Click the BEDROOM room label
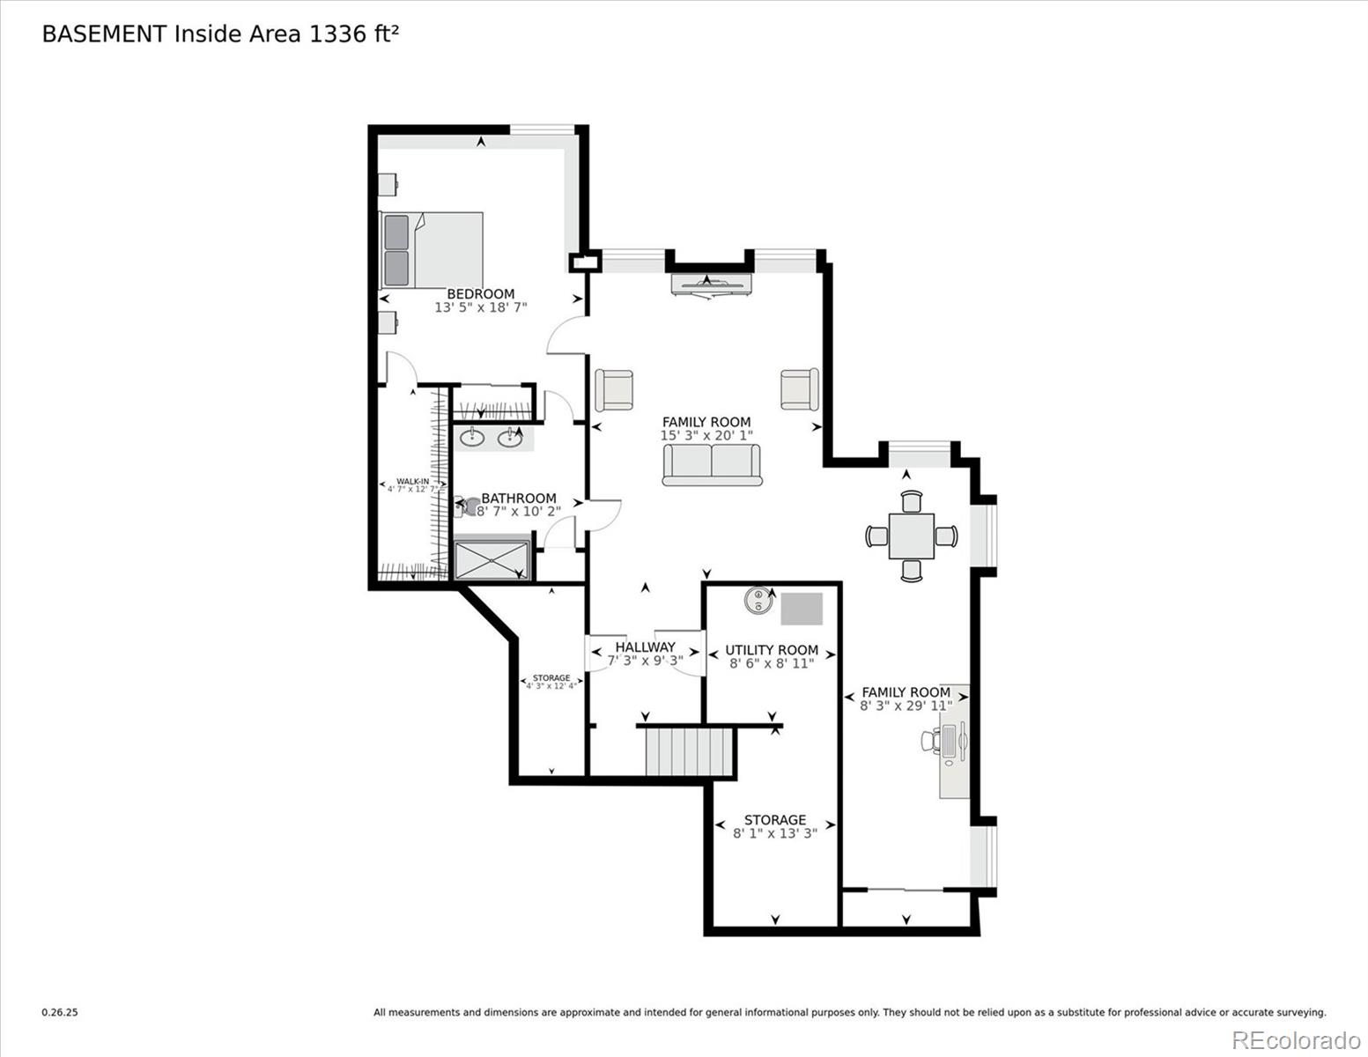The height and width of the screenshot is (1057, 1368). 480,294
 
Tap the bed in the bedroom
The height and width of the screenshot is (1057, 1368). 431,249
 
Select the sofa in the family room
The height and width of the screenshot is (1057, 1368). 712,463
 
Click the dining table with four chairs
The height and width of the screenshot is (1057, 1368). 911,536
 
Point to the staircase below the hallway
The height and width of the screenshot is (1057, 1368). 689,750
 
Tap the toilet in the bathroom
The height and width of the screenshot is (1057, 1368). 467,506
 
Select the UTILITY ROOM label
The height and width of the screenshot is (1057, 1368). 772,650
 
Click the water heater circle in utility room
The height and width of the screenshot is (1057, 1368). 758,600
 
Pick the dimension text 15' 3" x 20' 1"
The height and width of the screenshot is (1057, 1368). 706,435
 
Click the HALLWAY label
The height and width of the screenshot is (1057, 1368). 645,647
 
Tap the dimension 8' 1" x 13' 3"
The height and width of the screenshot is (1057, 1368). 775,832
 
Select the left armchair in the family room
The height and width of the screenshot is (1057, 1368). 614,389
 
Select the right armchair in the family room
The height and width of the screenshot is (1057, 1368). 799,388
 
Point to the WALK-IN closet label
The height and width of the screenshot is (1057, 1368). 412,482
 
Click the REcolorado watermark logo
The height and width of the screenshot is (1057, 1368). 1295,1039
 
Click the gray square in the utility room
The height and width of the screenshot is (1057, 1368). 802,609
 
